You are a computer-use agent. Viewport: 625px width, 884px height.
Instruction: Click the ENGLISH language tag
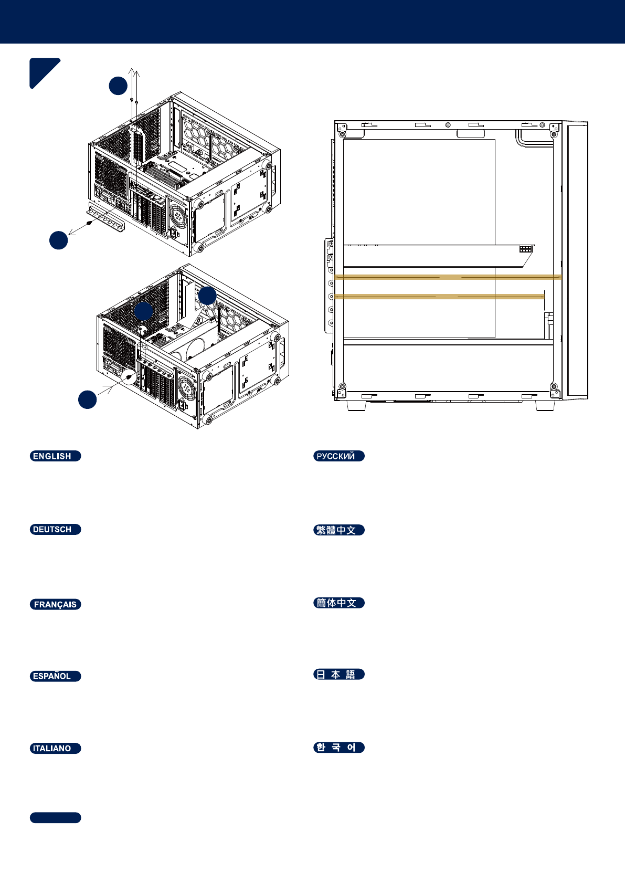tap(55, 456)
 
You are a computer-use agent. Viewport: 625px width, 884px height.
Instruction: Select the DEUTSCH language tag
tap(55, 530)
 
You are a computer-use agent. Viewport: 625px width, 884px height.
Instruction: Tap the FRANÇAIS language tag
tap(55, 604)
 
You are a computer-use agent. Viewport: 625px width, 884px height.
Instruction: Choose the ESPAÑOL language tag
tap(55, 676)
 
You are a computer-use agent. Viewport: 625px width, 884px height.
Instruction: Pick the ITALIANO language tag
tap(55, 749)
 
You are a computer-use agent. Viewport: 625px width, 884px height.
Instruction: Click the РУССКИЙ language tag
tap(338, 456)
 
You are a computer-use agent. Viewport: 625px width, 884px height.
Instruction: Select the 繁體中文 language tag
tap(338, 530)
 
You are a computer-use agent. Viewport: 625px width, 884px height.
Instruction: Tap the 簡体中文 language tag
tap(338, 603)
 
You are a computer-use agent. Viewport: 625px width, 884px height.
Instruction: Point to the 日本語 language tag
tap(338, 675)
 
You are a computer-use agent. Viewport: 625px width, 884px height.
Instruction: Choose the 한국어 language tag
tap(338, 748)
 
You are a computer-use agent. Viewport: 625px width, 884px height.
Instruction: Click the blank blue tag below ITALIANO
tap(55, 818)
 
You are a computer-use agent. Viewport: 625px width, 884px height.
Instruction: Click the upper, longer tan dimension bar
tap(448, 277)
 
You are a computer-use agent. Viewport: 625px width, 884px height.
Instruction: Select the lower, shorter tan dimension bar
tap(439, 297)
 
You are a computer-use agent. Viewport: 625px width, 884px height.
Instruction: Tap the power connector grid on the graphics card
tap(525, 249)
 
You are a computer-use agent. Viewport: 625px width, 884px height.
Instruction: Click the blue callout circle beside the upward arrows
tap(118, 86)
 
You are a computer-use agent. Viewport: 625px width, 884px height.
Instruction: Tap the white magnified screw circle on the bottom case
tap(129, 376)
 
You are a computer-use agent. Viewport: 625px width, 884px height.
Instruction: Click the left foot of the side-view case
tap(356, 405)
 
